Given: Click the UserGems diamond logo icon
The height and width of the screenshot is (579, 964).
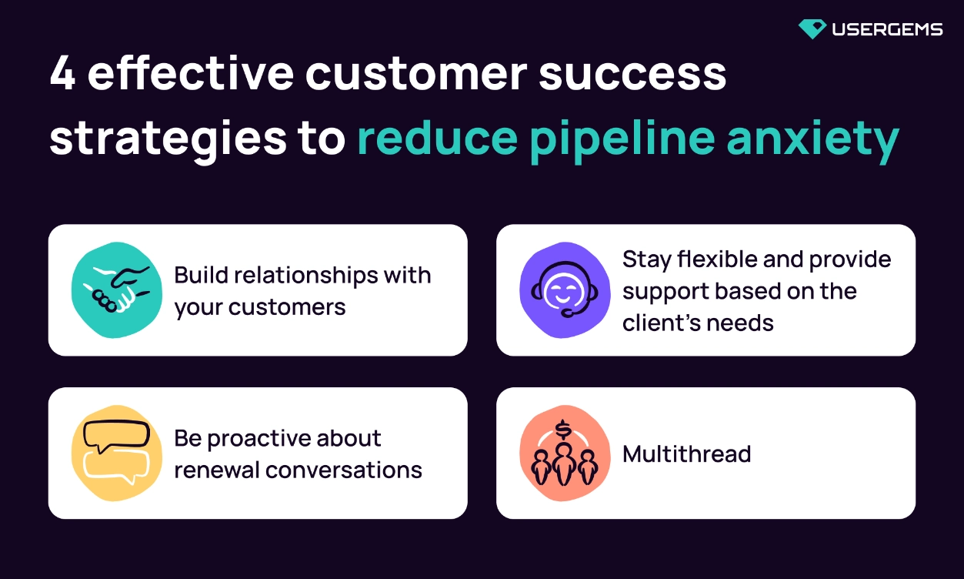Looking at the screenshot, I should (x=812, y=29).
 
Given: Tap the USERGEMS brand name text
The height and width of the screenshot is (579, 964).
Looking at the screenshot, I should (x=886, y=30).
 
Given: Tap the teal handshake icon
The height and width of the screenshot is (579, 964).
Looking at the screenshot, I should (x=117, y=289).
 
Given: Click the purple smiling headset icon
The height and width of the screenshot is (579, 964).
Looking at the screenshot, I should (x=565, y=290).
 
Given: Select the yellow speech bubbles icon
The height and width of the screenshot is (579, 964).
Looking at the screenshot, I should (x=117, y=453).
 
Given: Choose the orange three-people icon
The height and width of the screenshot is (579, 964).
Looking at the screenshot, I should (x=565, y=454).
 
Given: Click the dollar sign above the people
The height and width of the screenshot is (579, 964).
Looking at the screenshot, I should (x=565, y=427).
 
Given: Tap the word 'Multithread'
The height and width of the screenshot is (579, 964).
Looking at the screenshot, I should (x=686, y=454).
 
